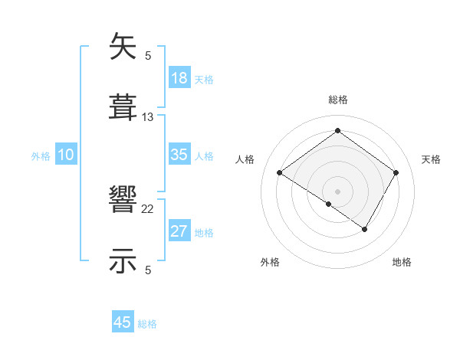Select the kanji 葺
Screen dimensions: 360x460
pos(123,106)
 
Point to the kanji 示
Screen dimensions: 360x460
pos(123,260)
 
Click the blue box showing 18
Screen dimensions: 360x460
pos(179,78)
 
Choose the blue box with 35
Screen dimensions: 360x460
pos(179,155)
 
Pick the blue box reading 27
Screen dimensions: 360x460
pos(179,231)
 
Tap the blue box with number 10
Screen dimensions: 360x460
pos(66,155)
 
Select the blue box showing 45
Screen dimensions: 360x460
pos(123,322)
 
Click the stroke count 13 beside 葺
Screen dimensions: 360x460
pos(148,116)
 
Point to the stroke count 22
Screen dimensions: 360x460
pos(148,209)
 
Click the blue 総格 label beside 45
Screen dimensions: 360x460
pos(147,324)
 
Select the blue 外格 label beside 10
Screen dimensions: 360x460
pos(41,156)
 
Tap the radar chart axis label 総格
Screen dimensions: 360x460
pos(338,100)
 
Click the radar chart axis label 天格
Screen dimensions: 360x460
pos(432,159)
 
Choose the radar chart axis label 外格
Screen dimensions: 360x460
pos(270,262)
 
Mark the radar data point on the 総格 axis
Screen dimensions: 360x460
pos(337,130)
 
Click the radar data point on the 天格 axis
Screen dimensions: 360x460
pos(396,172)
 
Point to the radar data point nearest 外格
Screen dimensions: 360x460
pos(329,204)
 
